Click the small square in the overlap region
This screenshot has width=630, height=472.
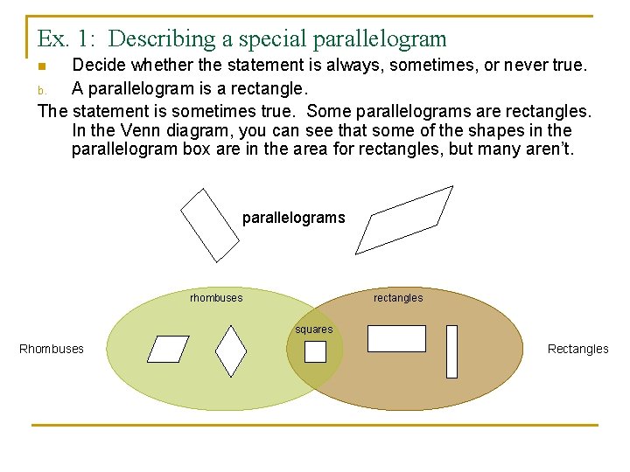(x=315, y=351)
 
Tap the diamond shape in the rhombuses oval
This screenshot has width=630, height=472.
(x=231, y=351)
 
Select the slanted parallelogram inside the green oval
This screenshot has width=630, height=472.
(x=168, y=349)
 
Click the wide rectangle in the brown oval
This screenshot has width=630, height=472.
(x=396, y=338)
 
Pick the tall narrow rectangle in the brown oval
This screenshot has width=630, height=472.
(x=451, y=351)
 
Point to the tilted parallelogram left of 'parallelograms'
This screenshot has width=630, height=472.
(x=209, y=225)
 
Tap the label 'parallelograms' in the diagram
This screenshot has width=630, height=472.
(x=293, y=218)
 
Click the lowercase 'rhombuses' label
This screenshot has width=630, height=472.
(x=216, y=298)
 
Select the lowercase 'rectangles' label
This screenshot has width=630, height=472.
(x=398, y=298)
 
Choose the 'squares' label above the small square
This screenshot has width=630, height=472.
(x=313, y=330)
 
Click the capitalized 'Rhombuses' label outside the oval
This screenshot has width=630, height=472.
(x=52, y=349)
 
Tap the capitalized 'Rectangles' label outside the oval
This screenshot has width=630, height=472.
(x=577, y=349)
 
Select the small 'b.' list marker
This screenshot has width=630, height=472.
(x=41, y=90)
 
